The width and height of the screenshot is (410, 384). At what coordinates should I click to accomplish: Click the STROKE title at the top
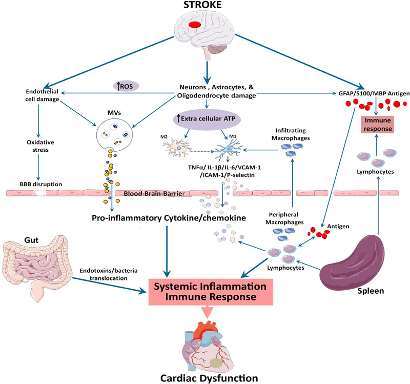tap(202, 5)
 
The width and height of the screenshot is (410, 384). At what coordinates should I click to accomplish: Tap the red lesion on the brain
tap(195, 25)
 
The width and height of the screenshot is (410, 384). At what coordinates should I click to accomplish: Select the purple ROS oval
tap(126, 86)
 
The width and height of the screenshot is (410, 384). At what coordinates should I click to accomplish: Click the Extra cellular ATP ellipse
tap(207, 119)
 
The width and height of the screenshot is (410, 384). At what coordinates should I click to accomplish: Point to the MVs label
tap(114, 113)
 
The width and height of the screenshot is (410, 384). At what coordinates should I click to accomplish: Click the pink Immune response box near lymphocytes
tap(378, 125)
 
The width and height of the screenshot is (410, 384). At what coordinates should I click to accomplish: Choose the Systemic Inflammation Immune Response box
tap(211, 292)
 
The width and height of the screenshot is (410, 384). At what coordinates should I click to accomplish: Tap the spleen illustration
tap(353, 262)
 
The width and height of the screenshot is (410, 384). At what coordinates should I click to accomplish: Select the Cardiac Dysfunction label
tap(209, 378)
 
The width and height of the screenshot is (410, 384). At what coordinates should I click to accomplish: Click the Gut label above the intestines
tap(31, 240)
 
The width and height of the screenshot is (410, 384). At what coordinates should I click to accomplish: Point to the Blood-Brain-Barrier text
tap(154, 194)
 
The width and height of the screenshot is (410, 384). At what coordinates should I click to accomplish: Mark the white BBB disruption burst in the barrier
tap(40, 193)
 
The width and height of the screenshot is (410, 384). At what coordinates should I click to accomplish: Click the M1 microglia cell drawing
tap(228, 149)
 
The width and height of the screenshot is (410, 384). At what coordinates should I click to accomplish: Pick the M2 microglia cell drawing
tap(177, 148)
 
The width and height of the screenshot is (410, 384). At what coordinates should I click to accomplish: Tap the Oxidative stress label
tap(40, 146)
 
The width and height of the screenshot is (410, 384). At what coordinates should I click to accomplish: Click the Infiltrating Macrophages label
tap(291, 134)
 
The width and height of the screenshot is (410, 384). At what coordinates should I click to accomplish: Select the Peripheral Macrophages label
tap(284, 218)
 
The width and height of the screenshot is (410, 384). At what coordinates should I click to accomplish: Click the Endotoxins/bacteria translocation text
tap(109, 274)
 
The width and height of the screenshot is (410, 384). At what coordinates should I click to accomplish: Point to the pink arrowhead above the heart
tap(208, 313)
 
